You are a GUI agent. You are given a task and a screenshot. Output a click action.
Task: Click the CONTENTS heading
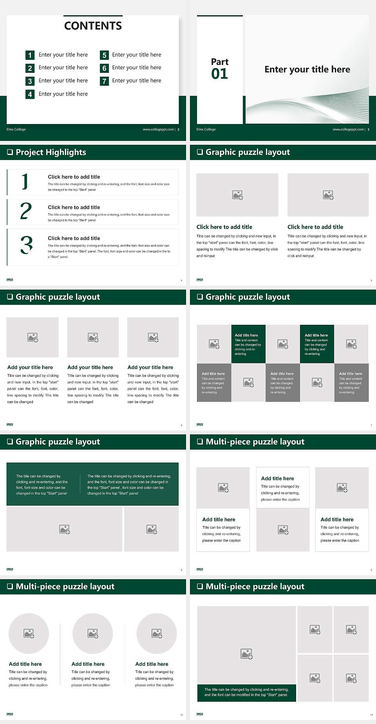(93, 26)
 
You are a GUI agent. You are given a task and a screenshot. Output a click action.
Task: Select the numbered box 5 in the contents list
(104, 55)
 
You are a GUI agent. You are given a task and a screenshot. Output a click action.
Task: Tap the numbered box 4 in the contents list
(30, 94)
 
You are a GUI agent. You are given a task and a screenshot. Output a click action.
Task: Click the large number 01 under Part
(219, 74)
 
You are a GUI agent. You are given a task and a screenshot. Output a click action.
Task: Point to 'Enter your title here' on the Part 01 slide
(307, 70)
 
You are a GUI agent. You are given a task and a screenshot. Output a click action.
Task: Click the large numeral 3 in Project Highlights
(26, 245)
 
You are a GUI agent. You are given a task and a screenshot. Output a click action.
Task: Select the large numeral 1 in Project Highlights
(25, 182)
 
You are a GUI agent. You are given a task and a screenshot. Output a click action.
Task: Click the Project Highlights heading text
(51, 152)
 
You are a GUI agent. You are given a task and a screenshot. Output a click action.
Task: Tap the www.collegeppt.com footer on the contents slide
(158, 130)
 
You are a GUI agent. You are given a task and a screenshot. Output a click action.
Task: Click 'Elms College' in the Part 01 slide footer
(206, 130)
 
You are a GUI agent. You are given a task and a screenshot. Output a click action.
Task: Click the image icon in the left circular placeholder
(29, 633)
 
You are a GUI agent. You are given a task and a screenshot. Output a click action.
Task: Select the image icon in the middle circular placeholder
(93, 633)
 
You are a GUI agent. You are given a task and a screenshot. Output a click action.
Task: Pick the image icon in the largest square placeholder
(246, 654)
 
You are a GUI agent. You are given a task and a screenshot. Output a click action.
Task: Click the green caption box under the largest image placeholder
(246, 692)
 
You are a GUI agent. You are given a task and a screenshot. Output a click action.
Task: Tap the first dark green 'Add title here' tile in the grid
(248, 344)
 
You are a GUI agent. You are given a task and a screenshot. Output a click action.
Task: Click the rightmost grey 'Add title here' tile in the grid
(351, 382)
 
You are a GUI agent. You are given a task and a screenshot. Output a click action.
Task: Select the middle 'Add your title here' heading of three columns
(90, 367)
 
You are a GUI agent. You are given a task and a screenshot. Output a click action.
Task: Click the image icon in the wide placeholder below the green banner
(65, 529)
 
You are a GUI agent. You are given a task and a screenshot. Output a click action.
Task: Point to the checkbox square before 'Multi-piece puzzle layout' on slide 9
(200, 441)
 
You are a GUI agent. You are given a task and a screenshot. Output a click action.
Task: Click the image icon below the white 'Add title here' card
(283, 530)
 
